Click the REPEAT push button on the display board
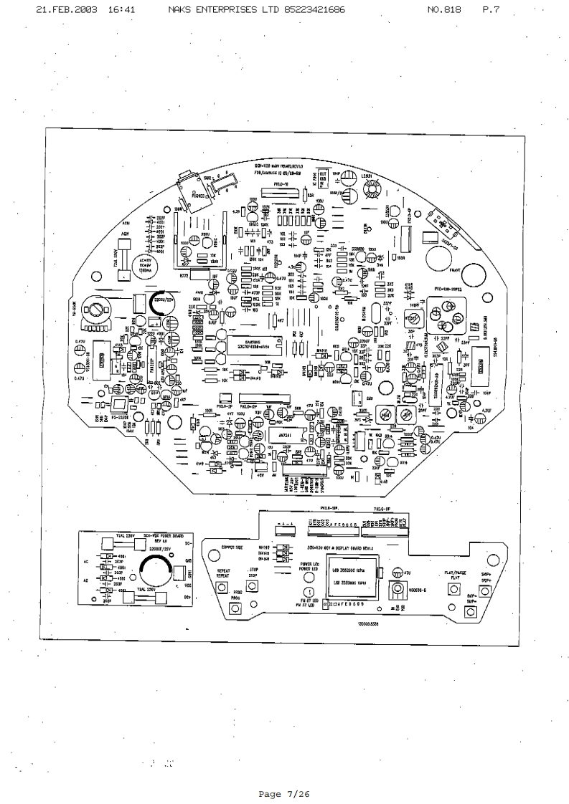point(221,589)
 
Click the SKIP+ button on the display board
point(485,590)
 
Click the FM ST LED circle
point(309,593)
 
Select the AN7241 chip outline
point(283,436)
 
